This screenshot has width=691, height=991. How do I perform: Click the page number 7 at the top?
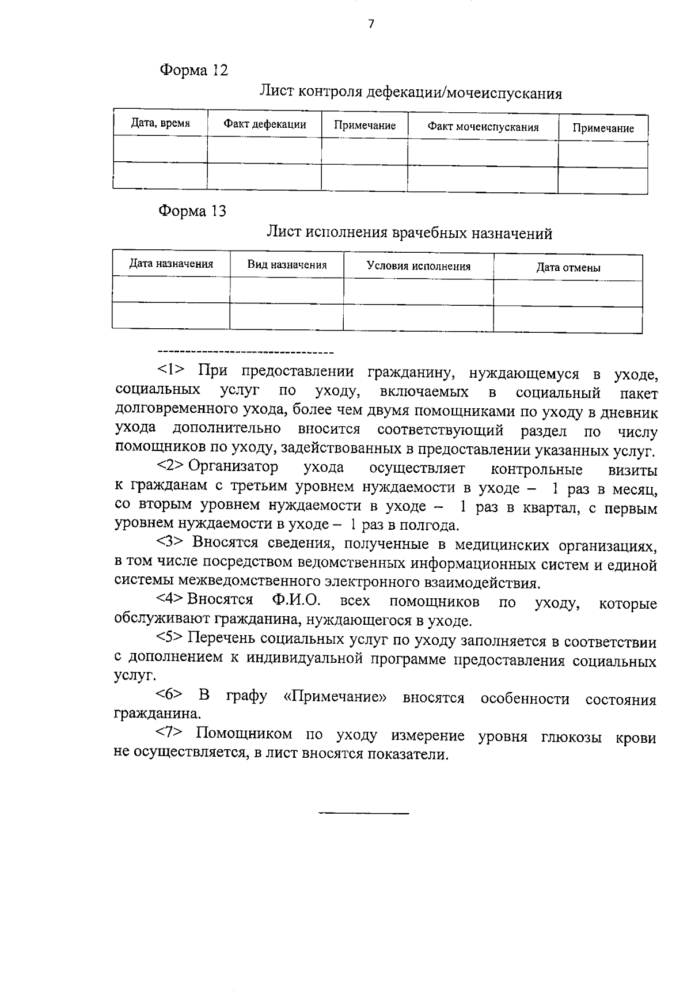point(371,24)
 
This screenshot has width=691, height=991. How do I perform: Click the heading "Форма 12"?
point(193,70)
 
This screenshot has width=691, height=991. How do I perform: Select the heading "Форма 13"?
point(192,211)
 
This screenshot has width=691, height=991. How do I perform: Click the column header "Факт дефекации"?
point(265,124)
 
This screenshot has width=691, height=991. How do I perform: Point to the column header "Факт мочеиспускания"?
point(483,127)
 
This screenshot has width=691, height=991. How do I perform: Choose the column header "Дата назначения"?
point(171,264)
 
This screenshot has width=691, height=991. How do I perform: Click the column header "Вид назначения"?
point(287,265)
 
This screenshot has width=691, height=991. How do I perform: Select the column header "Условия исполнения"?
point(419,266)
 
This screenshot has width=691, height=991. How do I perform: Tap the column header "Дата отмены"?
point(568,267)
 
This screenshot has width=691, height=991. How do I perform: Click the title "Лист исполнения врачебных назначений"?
point(409,233)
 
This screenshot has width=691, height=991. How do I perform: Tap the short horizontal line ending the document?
point(363,813)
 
